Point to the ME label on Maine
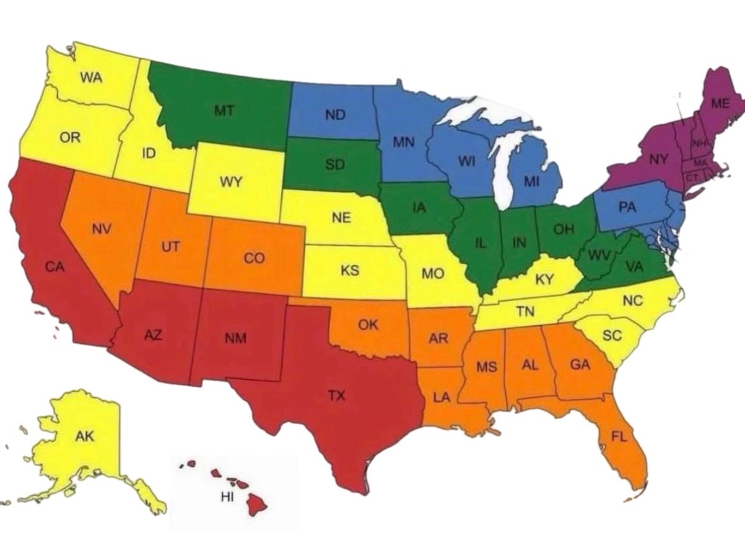tap(720, 104)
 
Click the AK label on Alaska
tap(84, 436)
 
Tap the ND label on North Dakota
tap(335, 114)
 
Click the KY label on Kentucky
tap(544, 279)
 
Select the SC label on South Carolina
tap(612, 335)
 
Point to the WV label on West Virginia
tap(598, 254)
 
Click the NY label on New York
tap(659, 160)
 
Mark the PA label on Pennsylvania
tap(628, 207)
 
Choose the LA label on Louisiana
tap(441, 398)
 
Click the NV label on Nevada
tap(101, 229)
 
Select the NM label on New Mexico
tap(235, 338)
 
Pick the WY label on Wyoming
tap(230, 182)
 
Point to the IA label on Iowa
tap(420, 209)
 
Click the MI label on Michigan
tap(531, 182)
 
